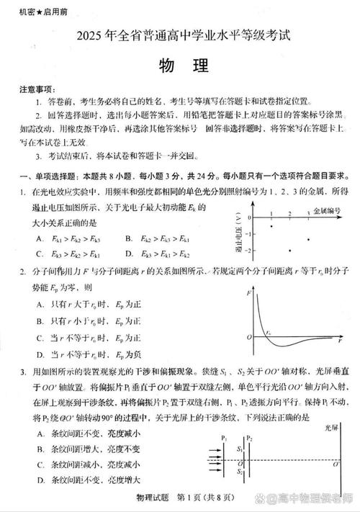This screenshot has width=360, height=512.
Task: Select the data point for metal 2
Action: [290, 250]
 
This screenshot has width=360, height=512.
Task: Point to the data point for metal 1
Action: [271, 226]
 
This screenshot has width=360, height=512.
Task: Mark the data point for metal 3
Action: [309, 240]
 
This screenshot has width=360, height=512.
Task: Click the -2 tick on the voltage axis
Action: [248, 250]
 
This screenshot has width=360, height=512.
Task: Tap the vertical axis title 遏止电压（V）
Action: [237, 234]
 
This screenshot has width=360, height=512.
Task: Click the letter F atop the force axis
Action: [248, 293]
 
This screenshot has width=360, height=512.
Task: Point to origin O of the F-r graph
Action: [248, 337]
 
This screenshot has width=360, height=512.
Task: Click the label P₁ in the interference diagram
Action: [225, 439]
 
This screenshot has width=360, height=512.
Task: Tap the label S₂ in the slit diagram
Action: [240, 472]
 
